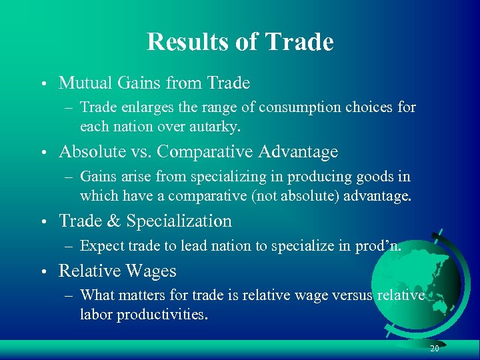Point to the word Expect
101,245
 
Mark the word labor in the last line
96,314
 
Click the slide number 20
434,349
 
